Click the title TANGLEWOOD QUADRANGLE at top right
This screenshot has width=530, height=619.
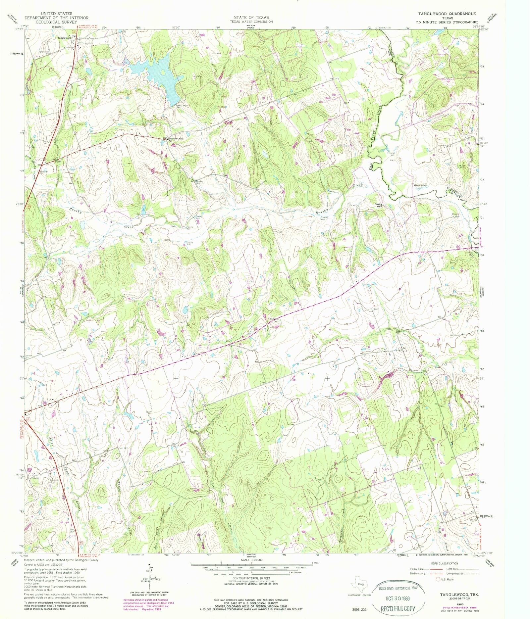click(447, 14)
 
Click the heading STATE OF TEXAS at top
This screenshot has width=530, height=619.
click(251, 17)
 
